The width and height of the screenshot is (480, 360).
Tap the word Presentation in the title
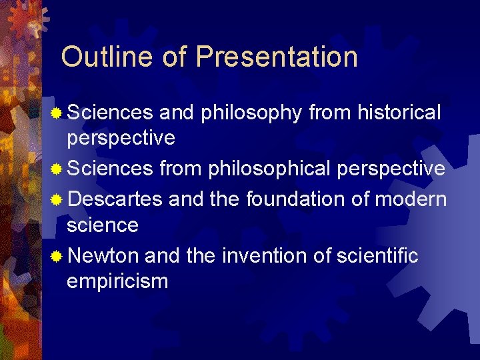coord(277,57)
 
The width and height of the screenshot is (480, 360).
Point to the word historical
coord(399,113)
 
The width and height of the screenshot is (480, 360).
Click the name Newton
coord(103,255)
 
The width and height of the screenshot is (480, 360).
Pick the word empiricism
coord(117,281)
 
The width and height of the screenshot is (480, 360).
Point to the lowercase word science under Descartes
coord(103,225)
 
